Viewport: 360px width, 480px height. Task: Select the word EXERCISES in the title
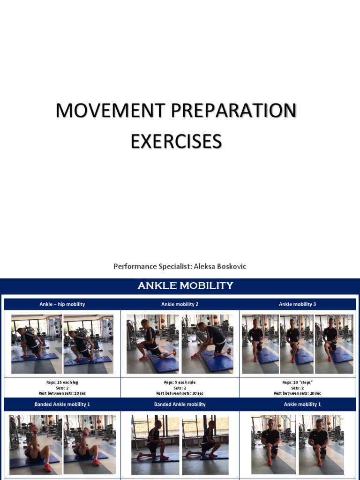coord(176,141)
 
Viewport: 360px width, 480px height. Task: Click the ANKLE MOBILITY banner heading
coord(185,286)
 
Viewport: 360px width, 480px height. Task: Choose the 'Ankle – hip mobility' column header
coord(62,304)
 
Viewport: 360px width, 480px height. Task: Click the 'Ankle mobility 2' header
coord(180,304)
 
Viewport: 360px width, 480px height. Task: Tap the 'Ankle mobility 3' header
coord(297,304)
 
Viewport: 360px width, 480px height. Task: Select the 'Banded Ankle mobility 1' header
coord(62,404)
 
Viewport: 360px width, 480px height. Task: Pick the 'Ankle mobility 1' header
coord(297,404)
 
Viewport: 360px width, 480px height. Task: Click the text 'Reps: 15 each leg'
coord(62,382)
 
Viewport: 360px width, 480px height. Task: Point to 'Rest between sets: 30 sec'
coord(180,393)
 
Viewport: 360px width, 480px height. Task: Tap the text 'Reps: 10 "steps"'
coord(297,382)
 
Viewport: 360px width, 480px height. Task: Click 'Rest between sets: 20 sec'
coord(297,393)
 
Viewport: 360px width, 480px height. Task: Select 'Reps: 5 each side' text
coord(180,382)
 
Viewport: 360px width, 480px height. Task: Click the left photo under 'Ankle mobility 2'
coord(152,344)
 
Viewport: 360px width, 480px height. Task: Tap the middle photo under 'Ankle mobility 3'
coord(297,344)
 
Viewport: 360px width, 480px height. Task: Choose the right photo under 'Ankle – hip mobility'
coord(88,344)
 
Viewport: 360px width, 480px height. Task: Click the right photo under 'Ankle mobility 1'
coord(321,444)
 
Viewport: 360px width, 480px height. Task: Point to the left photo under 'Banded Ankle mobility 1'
coord(36,444)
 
